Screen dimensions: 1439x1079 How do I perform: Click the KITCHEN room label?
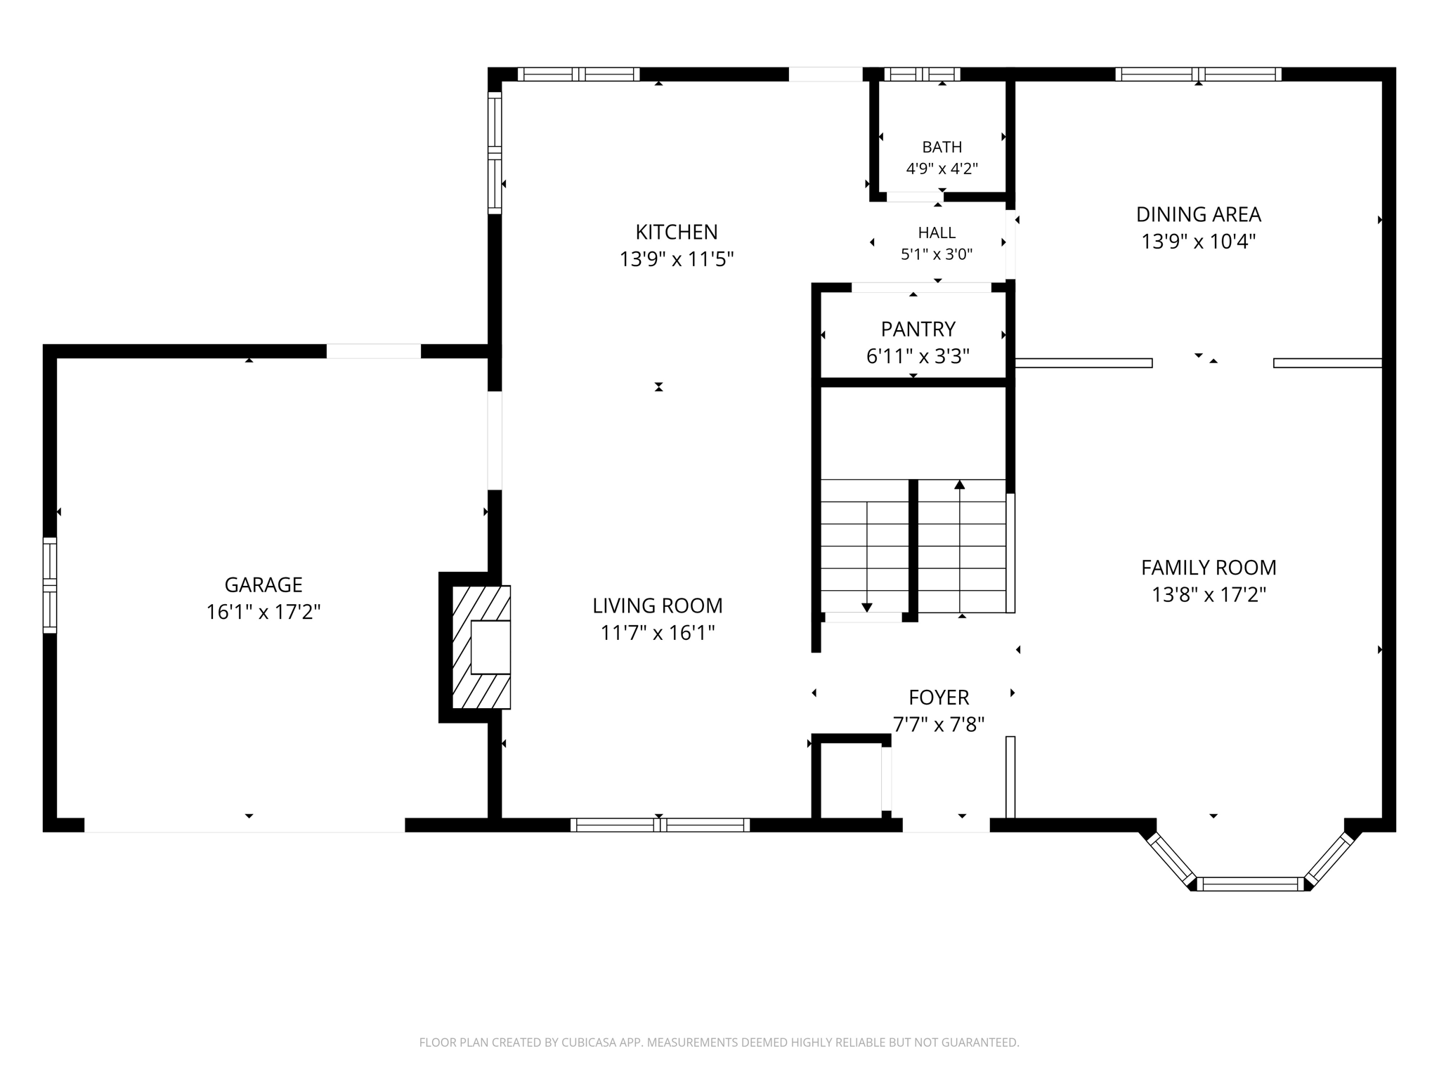(x=677, y=232)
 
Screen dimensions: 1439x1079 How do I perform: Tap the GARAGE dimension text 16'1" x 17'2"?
(x=263, y=613)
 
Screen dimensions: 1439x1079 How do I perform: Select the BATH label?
(x=942, y=147)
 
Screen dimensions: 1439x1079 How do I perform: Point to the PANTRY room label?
(x=918, y=329)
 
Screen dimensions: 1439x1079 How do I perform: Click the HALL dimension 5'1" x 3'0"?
(x=937, y=254)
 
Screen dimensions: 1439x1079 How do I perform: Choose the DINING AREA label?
(x=1199, y=214)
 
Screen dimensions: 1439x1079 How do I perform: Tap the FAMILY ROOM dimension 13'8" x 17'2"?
(x=1209, y=595)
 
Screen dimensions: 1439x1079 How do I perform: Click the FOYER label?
(x=939, y=698)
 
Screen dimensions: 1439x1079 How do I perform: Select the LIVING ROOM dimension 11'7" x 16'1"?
(x=658, y=634)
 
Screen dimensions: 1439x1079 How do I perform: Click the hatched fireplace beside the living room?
(x=481, y=647)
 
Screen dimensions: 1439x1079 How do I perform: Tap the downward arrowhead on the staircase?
(x=867, y=608)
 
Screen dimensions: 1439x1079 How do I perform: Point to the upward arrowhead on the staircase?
(x=960, y=485)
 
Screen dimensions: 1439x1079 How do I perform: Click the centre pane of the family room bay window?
(x=1251, y=884)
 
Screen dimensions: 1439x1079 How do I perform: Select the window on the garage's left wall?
(x=50, y=585)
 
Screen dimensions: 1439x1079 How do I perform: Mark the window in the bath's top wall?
(x=922, y=74)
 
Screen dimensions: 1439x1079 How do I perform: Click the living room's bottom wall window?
(x=660, y=825)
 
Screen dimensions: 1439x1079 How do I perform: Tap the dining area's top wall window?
(x=1199, y=74)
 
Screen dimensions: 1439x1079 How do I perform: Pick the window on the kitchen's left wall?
(x=495, y=153)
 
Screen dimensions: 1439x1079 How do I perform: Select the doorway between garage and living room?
(x=495, y=440)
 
